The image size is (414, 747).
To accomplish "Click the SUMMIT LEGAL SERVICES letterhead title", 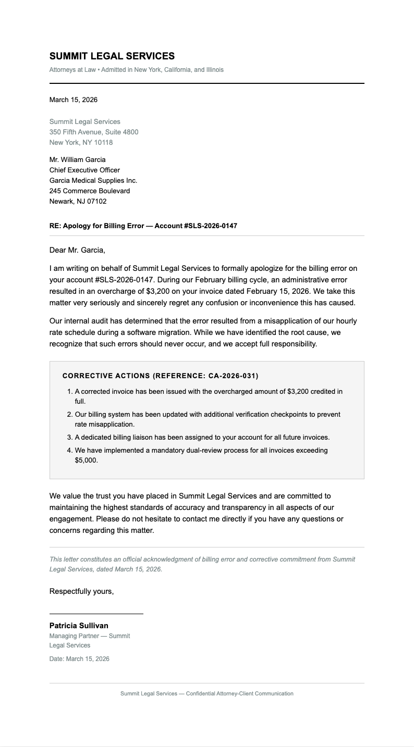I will pos(112,56).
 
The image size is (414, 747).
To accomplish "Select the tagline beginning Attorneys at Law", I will pos(136,70).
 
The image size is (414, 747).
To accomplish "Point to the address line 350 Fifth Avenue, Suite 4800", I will pos(94,132).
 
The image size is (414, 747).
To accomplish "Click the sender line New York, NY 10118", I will pos(81,142).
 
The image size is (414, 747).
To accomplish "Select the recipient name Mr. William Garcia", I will pos(77,159).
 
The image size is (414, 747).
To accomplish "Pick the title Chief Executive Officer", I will pos(84,170).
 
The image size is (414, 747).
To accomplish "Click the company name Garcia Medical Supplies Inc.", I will pos(93,180).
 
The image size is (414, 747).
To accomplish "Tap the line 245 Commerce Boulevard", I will pos(90,191).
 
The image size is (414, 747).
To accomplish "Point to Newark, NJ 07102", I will pos(78,201).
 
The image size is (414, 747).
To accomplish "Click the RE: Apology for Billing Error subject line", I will pos(143,226).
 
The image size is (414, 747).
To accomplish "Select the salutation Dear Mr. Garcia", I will pos(77,250).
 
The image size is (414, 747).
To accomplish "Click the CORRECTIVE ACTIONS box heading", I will pos(160,376).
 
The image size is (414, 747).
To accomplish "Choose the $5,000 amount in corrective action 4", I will pos(86,460).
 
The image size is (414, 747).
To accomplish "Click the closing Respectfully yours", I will pos(81,591).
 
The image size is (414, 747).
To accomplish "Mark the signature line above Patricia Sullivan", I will pos(96,614).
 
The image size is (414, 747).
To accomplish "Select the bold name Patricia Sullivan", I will pos(79,626).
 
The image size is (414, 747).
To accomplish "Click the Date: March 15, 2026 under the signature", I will pos(79,659).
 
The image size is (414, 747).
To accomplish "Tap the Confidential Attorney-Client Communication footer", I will pos(206,693).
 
